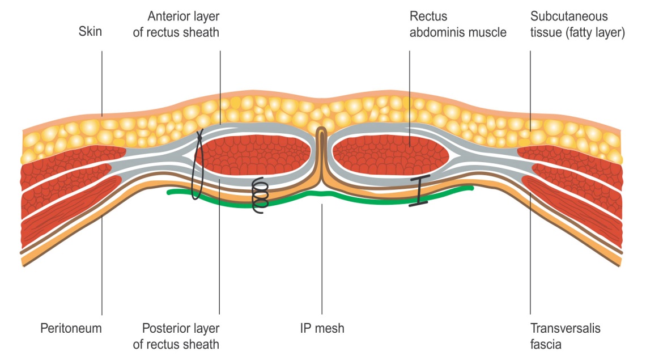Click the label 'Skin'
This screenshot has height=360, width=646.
click(x=90, y=32)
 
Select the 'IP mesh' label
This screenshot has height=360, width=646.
click(x=322, y=328)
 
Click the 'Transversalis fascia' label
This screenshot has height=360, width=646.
click(x=565, y=336)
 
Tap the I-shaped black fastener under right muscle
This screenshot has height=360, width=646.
click(x=418, y=191)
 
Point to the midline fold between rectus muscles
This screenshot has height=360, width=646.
click(x=321, y=153)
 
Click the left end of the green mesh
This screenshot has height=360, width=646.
click(x=169, y=193)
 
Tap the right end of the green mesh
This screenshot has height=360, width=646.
click(x=470, y=188)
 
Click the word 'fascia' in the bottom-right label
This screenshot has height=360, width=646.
click(x=546, y=343)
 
